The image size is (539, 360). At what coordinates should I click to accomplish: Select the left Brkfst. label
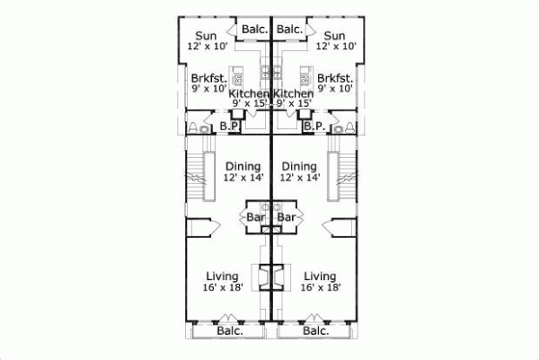(208, 77)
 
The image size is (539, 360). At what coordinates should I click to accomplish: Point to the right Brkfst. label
(334, 77)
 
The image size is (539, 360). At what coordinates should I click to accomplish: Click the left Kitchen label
(249, 93)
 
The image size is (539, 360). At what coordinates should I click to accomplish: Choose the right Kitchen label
(294, 93)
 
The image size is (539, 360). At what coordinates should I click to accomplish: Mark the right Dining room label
(299, 166)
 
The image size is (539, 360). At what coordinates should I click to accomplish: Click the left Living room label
(221, 276)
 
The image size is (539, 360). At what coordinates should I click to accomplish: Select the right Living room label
(319, 276)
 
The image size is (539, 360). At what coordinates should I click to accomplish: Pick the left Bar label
(254, 217)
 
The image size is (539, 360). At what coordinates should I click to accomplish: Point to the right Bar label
(287, 217)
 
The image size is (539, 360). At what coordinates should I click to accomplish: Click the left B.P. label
(229, 127)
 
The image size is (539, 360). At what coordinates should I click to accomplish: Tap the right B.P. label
(313, 127)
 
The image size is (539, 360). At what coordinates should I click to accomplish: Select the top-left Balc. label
(254, 30)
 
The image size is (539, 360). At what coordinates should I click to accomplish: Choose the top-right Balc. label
(289, 30)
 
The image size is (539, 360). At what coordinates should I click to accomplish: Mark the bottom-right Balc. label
(315, 331)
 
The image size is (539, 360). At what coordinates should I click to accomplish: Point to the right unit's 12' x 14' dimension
(299, 178)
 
